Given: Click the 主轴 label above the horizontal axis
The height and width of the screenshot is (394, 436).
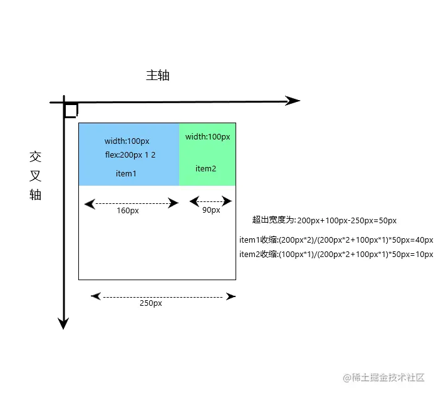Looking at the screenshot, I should [x=158, y=76].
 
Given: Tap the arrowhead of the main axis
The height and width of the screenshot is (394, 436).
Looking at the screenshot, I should [x=293, y=101].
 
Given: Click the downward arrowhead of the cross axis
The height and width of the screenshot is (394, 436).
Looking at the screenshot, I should [x=63, y=323].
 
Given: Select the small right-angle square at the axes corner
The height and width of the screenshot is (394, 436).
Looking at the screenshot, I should [x=71, y=111].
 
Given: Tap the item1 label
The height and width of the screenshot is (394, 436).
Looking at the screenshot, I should [x=126, y=173].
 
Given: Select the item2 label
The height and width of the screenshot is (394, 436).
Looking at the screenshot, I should [x=205, y=168].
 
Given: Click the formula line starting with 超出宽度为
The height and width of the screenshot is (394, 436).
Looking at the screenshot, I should [x=324, y=220].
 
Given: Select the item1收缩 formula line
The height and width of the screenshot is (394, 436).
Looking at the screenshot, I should [x=336, y=240].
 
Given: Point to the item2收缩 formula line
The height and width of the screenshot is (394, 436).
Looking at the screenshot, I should [x=336, y=254].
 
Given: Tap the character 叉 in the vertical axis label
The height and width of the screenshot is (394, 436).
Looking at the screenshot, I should [x=35, y=176].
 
